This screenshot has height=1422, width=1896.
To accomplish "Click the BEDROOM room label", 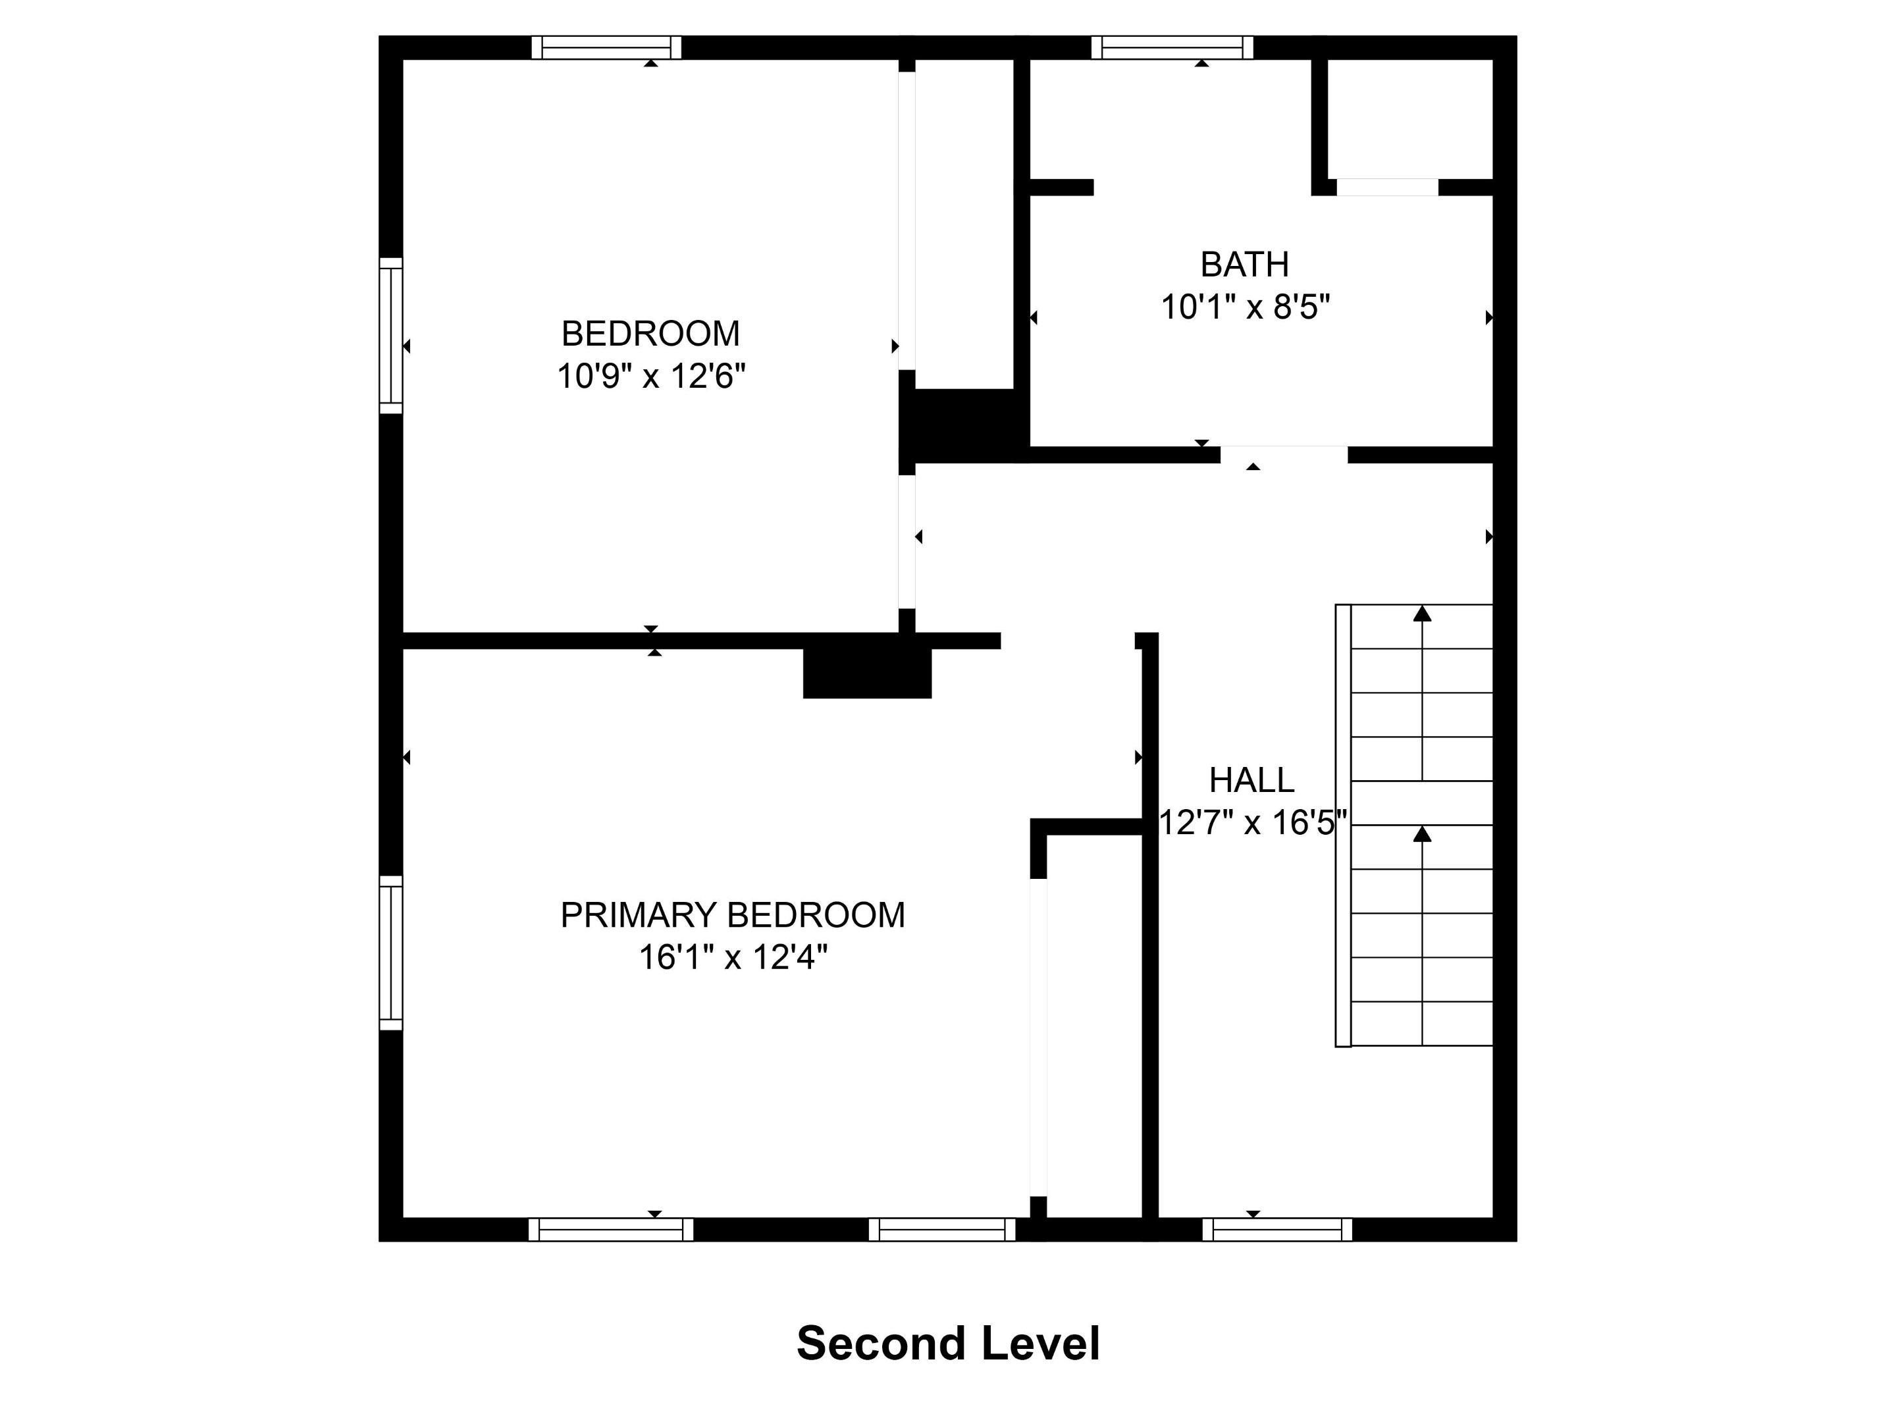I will click(x=650, y=333).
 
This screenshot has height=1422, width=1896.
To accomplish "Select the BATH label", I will click(x=1244, y=265).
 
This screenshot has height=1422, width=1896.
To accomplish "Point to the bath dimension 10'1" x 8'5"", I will click(x=1244, y=307).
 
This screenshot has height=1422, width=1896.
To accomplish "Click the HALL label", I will click(x=1251, y=780).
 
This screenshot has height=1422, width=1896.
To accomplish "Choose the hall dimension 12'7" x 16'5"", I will click(x=1252, y=823).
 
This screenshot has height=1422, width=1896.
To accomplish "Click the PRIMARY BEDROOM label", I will click(x=732, y=916).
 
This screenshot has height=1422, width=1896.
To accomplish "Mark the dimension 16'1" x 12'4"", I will click(x=732, y=957).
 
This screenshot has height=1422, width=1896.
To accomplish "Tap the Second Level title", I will click(x=947, y=1343).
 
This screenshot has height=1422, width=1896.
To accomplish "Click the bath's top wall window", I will click(x=1172, y=47).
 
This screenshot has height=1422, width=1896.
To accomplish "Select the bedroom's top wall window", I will click(x=606, y=47).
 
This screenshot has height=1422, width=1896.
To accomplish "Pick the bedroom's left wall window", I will click(x=391, y=335).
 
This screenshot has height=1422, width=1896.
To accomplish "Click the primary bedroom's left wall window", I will click(x=391, y=953).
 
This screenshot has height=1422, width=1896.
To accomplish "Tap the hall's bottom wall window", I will click(x=1277, y=1229).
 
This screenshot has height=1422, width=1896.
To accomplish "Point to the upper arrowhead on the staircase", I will click(x=1422, y=614).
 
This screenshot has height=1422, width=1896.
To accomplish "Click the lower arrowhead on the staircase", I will click(x=1422, y=834).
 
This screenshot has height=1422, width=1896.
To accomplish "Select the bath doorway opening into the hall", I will click(x=1283, y=454).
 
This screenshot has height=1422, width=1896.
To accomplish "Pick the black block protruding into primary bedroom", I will click(x=866, y=673).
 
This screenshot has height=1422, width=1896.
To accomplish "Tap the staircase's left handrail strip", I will click(x=1343, y=826).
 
